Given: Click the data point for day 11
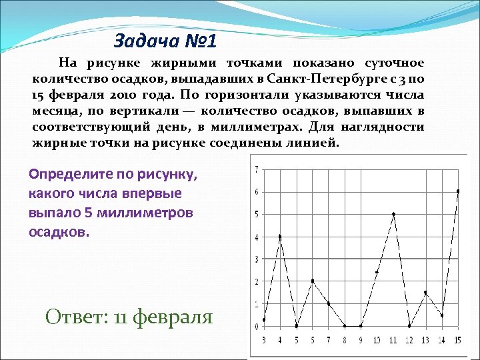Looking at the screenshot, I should [x=393, y=214].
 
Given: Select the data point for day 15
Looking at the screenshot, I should [x=458, y=191].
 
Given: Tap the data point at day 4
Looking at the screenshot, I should [x=280, y=237].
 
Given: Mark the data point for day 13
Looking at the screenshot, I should [x=425, y=293].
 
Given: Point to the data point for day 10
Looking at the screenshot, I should [x=377, y=272].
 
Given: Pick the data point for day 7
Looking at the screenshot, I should [x=329, y=303].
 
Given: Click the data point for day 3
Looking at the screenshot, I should [x=264, y=319].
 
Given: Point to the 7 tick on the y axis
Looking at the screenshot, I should [x=257, y=169].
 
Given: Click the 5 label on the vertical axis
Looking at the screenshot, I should [x=257, y=214].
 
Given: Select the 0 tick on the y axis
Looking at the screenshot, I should [x=257, y=326].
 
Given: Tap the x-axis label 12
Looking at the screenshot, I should [x=409, y=340].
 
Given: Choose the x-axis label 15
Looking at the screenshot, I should [x=458, y=340].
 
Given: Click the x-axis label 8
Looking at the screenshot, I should [x=345, y=340].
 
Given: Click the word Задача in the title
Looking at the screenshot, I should [x=141, y=42].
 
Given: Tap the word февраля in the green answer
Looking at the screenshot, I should [x=173, y=317].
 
